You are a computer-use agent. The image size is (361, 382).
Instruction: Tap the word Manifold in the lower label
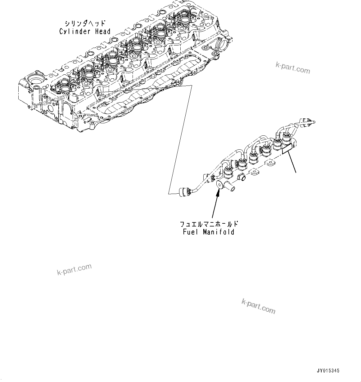(x=219, y=232)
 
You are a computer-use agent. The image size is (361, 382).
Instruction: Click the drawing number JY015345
(x=328, y=371)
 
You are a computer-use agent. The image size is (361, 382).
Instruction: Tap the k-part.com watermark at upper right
(x=293, y=68)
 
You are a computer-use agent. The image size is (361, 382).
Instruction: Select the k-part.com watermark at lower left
(x=74, y=269)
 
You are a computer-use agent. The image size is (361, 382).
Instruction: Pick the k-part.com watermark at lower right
(x=258, y=306)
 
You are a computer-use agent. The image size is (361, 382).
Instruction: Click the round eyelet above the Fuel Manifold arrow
(x=219, y=185)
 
